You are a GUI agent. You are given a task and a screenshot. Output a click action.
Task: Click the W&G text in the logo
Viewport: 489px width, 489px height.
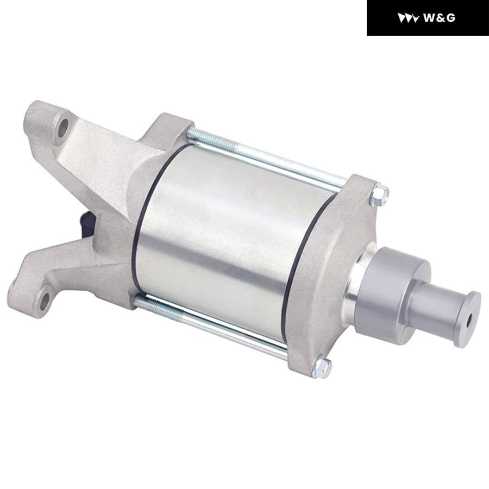coord(440,18)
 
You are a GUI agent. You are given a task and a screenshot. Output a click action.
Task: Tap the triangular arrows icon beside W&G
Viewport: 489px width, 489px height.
coord(408,18)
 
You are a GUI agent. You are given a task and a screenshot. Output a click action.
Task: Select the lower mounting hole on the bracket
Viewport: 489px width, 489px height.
coord(46,300)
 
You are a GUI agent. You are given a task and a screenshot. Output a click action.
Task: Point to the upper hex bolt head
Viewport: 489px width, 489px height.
coord(380,195)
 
